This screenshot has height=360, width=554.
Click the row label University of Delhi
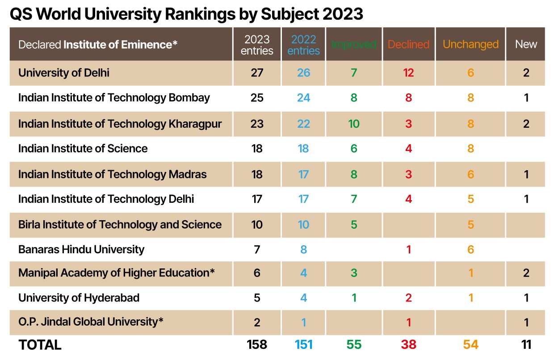(64, 73)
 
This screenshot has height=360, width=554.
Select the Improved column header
(354, 45)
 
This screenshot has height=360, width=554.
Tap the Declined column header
(408, 45)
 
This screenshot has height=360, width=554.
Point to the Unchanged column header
(470, 45)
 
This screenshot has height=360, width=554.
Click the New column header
(526, 44)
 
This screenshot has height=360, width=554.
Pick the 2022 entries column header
(303, 45)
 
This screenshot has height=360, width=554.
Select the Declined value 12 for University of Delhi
(408, 73)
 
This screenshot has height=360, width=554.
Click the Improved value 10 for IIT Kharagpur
(354, 124)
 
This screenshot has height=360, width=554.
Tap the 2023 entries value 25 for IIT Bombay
(257, 98)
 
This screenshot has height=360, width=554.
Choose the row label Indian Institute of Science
(83, 149)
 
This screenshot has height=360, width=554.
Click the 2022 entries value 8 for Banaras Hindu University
(303, 249)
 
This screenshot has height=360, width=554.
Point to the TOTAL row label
(40, 345)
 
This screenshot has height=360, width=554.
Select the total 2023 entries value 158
(257, 345)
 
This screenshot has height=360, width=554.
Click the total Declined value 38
(408, 345)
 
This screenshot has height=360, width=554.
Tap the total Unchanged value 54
(470, 345)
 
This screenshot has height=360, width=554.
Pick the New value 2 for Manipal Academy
(526, 273)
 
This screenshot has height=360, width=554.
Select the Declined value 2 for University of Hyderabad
(408, 298)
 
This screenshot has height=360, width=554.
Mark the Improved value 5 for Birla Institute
(354, 225)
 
